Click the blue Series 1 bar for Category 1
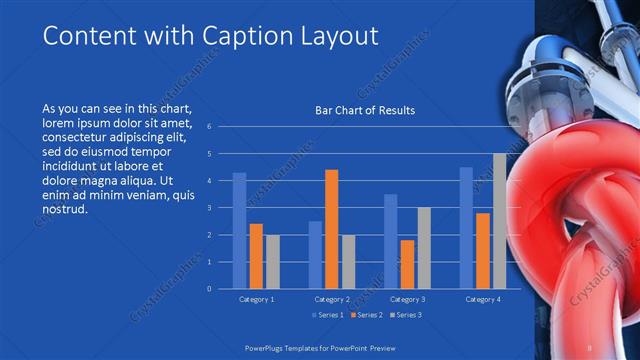click(x=240, y=231)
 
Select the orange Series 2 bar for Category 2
click(x=332, y=229)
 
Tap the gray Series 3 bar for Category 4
click(x=499, y=221)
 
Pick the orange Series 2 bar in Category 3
click(x=407, y=264)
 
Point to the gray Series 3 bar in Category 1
click(x=273, y=262)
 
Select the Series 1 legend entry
click(x=328, y=315)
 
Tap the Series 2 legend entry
click(x=366, y=315)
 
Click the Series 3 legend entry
click(x=404, y=315)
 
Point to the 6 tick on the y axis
click(x=209, y=127)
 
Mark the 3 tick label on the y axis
click(x=209, y=208)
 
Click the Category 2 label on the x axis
click(x=332, y=299)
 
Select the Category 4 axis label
click(x=483, y=299)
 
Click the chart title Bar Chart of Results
click(x=358, y=110)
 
